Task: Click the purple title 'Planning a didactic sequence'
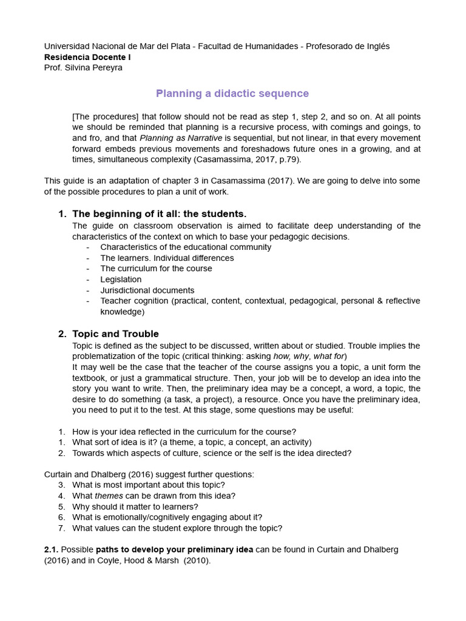click(x=232, y=93)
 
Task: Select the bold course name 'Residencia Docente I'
click(x=87, y=57)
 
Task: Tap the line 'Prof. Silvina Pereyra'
click(x=83, y=67)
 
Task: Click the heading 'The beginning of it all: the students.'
click(x=160, y=213)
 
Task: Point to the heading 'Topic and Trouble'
click(x=115, y=334)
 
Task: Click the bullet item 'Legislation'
click(x=121, y=279)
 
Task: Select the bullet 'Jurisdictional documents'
click(x=147, y=290)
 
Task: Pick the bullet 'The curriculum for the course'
click(x=156, y=268)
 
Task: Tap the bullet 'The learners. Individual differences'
click(x=167, y=258)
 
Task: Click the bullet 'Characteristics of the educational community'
click(x=186, y=247)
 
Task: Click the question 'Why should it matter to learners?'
click(x=135, y=506)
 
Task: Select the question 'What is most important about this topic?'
click(x=149, y=485)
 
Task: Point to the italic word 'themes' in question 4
click(x=109, y=495)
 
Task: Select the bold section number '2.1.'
click(x=51, y=549)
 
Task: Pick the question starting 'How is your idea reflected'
click(x=184, y=431)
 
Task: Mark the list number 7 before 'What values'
click(x=61, y=528)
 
